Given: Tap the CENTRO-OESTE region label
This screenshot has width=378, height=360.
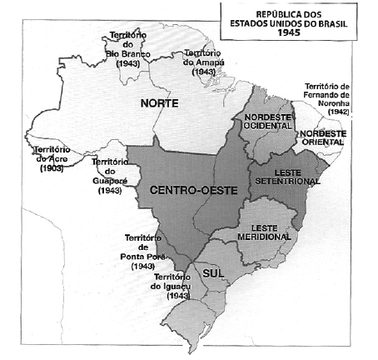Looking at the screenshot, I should pos(193,190).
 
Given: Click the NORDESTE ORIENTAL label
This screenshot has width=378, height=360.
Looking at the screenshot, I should pos(325,137).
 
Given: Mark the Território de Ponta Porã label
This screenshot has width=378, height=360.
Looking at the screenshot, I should pos(143,252).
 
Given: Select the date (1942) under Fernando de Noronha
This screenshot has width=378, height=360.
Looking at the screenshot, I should pos(339,112).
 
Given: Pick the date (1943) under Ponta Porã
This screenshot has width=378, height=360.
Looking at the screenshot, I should pos(143,267).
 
